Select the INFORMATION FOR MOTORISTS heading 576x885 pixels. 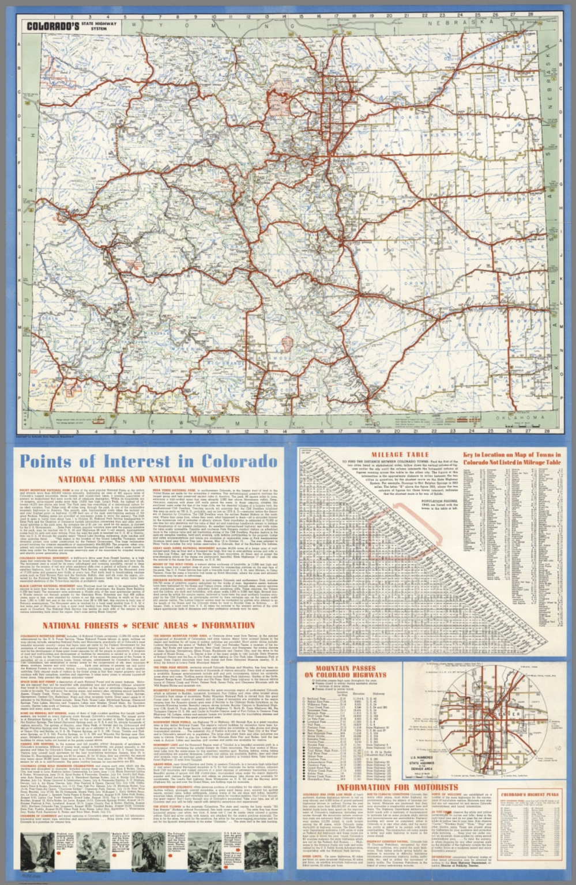[397, 787]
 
